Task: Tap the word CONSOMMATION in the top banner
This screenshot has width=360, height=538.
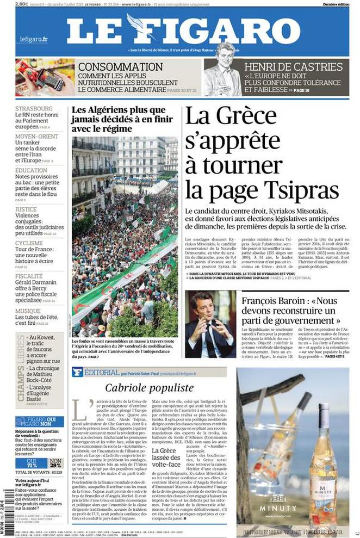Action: (120, 67)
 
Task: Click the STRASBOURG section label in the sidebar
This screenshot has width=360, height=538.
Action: (34, 109)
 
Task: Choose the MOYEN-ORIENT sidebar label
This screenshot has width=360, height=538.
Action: (36, 136)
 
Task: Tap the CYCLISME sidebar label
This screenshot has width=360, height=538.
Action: (29, 243)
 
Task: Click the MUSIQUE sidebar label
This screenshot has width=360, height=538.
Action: (28, 311)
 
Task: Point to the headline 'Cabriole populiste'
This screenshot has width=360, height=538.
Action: (149, 387)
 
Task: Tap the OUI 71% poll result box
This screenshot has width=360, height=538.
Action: (32, 463)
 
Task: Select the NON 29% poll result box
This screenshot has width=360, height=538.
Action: (55, 463)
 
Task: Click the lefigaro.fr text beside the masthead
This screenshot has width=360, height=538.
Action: (34, 39)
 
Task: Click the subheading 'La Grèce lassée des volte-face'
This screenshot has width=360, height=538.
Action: (166, 458)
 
